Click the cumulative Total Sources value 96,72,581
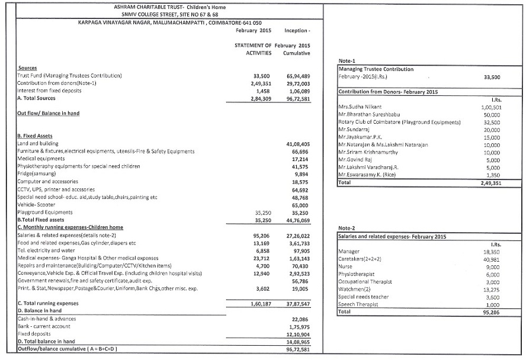pyautogui.click(x=297, y=99)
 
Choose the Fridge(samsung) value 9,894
pyautogui.click(x=301, y=175)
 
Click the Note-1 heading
pyautogui.click(x=346, y=61)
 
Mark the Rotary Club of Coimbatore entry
pyautogui.click(x=399, y=122)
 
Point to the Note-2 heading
pyautogui.click(x=346, y=228)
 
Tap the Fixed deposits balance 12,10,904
pyautogui.click(x=297, y=335)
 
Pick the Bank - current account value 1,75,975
pyautogui.click(x=299, y=327)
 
